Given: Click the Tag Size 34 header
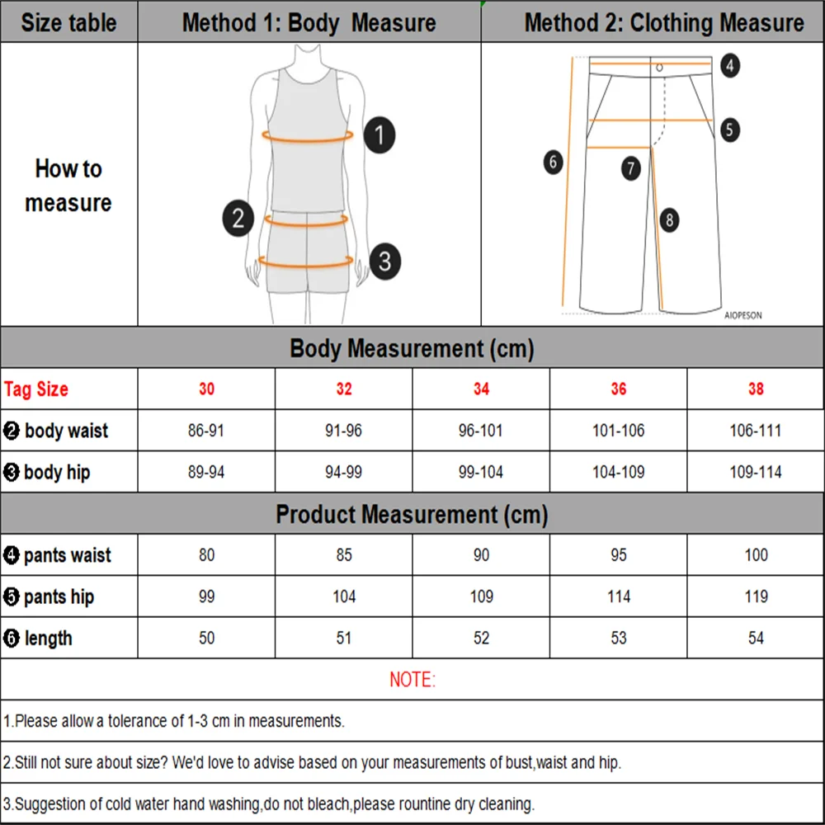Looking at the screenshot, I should click(x=481, y=389).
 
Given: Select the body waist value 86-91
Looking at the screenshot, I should click(x=206, y=431).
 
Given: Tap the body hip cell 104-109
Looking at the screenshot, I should click(x=619, y=472).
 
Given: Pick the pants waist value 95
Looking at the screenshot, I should click(x=619, y=555).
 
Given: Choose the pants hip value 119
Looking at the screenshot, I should click(x=756, y=596).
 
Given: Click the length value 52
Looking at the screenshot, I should click(x=481, y=638).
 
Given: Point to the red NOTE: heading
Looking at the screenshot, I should click(x=412, y=680).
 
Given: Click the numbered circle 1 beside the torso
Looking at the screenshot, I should click(x=379, y=134).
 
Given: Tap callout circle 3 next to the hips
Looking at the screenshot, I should click(x=384, y=262).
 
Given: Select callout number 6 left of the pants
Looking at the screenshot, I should click(x=554, y=162).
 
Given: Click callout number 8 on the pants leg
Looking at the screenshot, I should click(x=669, y=219).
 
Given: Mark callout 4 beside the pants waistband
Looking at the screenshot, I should click(x=729, y=65).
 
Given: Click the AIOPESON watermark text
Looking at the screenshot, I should click(x=742, y=315).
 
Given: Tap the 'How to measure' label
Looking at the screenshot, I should click(x=68, y=186).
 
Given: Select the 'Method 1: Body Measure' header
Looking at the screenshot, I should click(x=309, y=22).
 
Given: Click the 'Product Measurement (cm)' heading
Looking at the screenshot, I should click(x=412, y=515).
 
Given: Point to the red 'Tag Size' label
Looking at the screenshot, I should click(x=36, y=389).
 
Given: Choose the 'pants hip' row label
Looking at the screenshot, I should click(x=58, y=596).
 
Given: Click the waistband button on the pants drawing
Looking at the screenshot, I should click(x=659, y=67).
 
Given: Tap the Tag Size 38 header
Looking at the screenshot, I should click(x=756, y=389).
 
